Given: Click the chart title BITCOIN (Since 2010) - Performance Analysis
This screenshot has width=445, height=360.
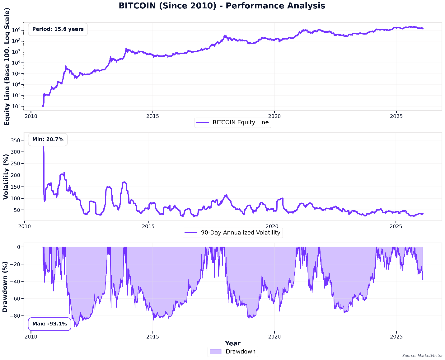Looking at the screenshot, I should click(222, 6).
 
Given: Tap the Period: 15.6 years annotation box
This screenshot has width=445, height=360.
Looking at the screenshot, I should click(58, 29).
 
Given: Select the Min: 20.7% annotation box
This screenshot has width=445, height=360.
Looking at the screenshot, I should click(48, 140).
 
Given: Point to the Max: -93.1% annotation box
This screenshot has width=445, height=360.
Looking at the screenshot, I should click(49, 324).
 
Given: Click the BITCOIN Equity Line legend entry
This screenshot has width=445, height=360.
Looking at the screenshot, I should click(233, 122).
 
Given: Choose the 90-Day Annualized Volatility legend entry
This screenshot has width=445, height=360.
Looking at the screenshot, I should click(233, 233).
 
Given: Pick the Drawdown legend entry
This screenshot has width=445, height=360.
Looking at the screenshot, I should click(233, 352).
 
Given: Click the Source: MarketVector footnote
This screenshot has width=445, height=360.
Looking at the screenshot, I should click(422, 356).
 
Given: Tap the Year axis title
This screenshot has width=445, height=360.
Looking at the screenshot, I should click(233, 343).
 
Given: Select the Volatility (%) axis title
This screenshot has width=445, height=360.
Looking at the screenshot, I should click(6, 177).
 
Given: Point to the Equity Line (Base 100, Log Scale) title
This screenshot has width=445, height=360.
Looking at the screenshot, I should click(7, 66).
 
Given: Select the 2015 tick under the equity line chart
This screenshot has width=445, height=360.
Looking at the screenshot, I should click(152, 116).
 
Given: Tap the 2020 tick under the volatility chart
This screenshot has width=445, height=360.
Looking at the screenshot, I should click(272, 226).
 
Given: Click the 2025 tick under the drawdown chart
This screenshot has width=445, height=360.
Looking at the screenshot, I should click(396, 337).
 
